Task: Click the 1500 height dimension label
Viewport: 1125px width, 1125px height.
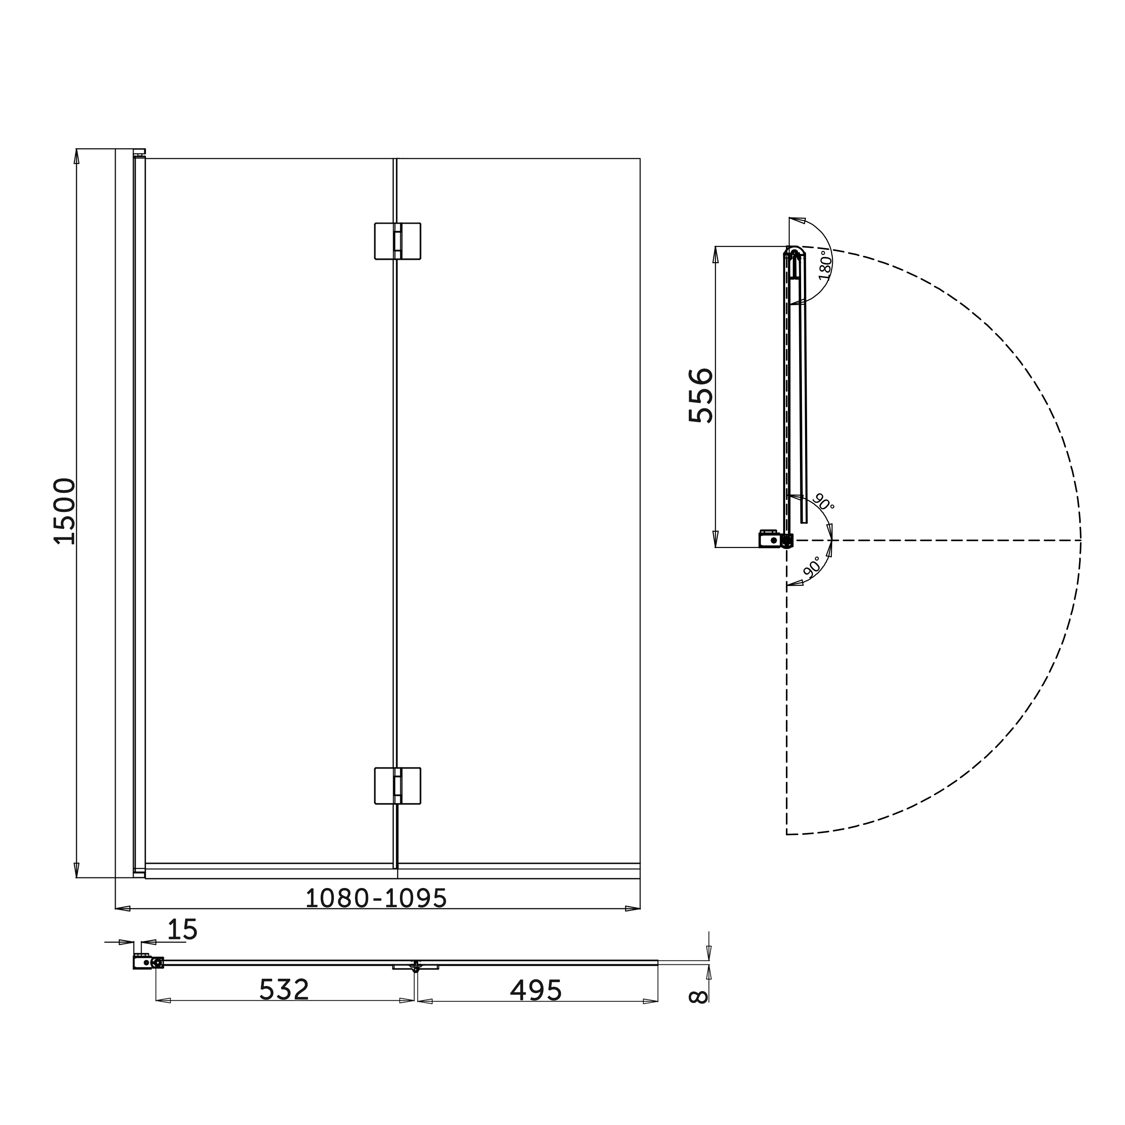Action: point(65,511)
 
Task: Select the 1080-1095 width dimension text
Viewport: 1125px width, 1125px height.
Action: point(376,898)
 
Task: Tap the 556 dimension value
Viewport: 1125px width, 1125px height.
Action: point(700,395)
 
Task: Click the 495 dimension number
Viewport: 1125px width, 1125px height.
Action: point(536,990)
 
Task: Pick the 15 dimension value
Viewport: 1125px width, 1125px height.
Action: point(182,930)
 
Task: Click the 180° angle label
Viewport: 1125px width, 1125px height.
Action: point(825,265)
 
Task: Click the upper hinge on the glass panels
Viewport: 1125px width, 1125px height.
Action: point(397,241)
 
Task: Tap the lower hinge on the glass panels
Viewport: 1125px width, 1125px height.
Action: point(397,786)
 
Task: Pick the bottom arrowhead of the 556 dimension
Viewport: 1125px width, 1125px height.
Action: point(715,539)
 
